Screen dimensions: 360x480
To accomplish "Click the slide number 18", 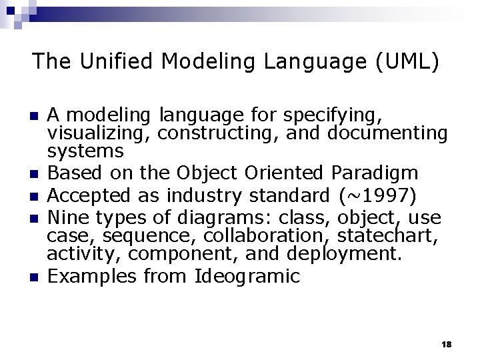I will pos(447,344).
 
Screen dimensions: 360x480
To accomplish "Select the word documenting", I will pos(387,133).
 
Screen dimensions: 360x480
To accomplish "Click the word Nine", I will pos(70,218).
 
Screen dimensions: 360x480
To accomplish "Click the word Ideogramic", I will pos(247,275).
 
